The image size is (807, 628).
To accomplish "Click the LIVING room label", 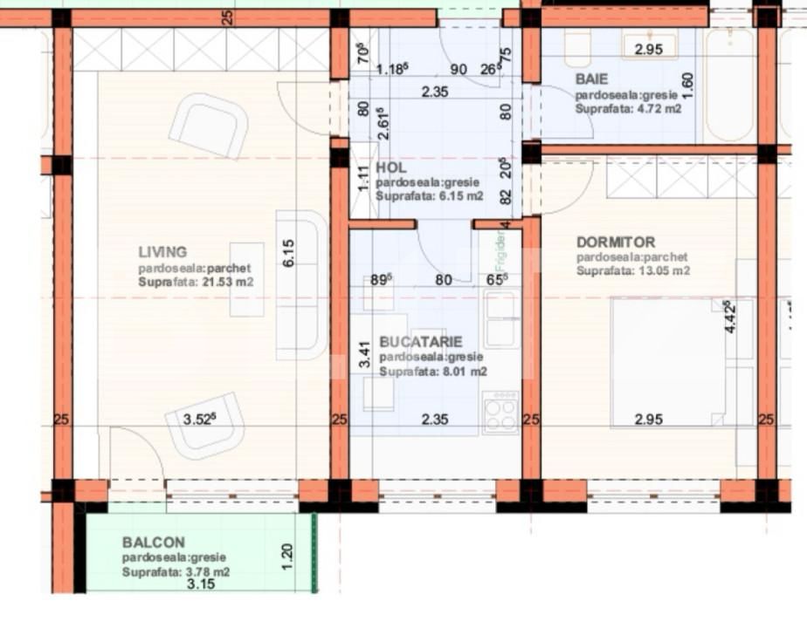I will click(162, 252).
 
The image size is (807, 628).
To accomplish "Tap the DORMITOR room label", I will click(616, 242).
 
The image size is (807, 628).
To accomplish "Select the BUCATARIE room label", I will click(421, 342).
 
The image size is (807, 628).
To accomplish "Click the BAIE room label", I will click(591, 78).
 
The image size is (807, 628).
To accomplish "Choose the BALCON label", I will click(153, 543).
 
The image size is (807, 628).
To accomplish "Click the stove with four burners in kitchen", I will click(500, 412).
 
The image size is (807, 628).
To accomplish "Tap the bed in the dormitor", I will click(668, 362).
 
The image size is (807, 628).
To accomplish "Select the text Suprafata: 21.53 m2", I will click(196, 283).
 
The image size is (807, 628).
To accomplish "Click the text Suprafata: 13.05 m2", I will click(633, 270).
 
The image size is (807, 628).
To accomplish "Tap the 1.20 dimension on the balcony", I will click(289, 555).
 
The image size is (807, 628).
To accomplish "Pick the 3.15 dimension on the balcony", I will click(201, 584).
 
